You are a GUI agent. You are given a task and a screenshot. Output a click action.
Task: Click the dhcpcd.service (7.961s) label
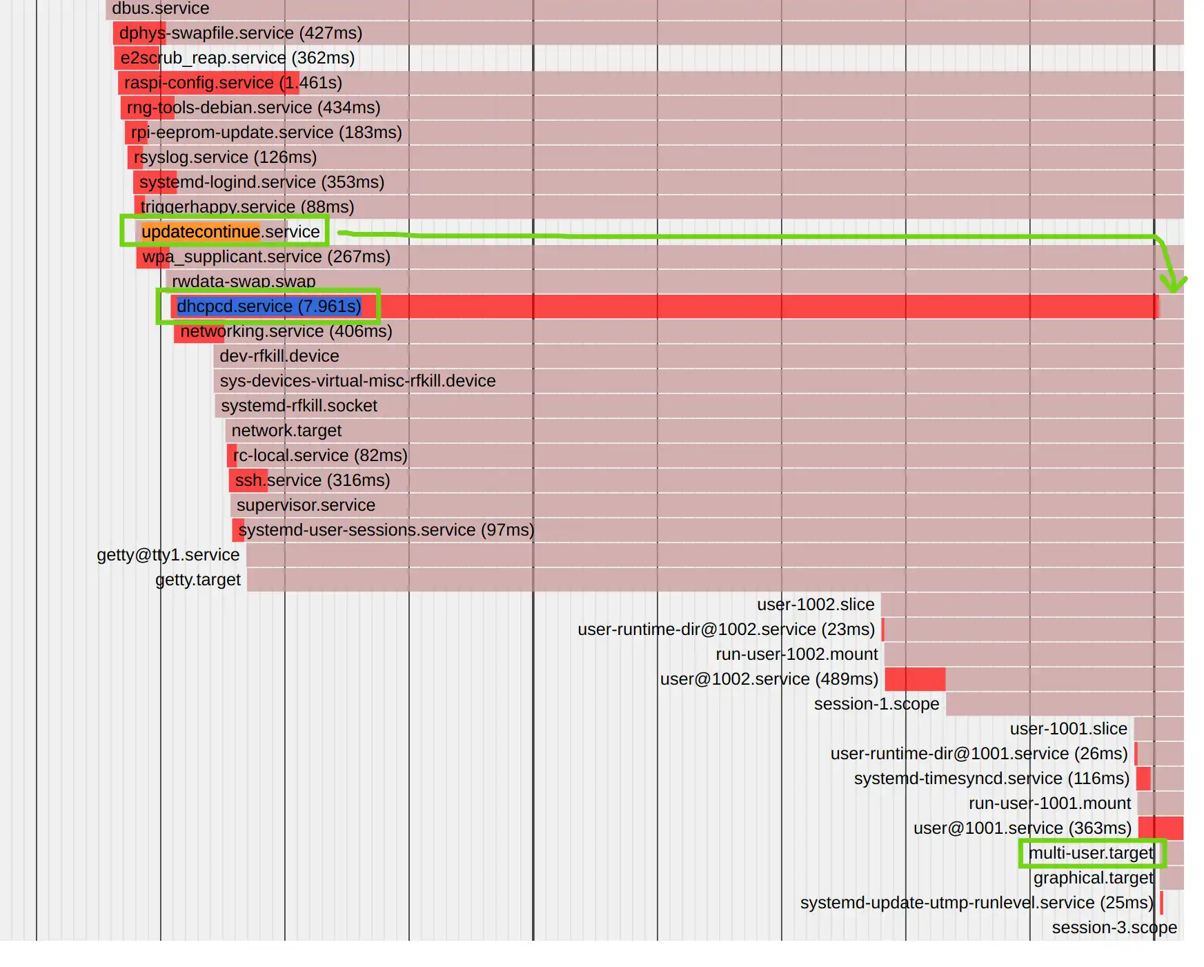[268, 306]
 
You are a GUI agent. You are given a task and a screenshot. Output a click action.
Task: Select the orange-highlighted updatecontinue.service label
[230, 232]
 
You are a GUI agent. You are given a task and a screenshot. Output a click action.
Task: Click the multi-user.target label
[1091, 853]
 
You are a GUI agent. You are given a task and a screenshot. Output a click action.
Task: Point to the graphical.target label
[1093, 878]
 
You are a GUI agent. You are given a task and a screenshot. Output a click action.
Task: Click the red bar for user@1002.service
[915, 679]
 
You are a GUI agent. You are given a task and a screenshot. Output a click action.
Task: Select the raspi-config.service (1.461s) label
[233, 83]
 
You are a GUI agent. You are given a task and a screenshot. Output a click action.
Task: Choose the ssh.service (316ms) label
[313, 480]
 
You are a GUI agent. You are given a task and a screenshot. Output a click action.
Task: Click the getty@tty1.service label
[168, 555]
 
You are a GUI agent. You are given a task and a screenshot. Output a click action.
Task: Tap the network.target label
[286, 431]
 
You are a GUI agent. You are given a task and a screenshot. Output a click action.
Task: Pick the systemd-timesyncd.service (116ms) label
[991, 779]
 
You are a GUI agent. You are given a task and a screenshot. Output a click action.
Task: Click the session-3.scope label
[1114, 928]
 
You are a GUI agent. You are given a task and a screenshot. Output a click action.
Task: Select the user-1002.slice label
[816, 605]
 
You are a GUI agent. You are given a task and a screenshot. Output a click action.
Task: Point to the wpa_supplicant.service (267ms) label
[266, 257]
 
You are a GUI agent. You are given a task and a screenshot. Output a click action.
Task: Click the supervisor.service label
[306, 505]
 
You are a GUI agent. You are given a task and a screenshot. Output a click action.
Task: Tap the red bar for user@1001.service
[1161, 828]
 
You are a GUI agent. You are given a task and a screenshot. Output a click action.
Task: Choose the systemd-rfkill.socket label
[299, 406]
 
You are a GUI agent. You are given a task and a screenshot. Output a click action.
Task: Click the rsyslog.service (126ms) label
[225, 157]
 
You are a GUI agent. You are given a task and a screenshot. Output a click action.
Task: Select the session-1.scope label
[876, 704]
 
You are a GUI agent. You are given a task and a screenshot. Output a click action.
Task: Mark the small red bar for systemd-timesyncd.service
[1143, 779]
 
